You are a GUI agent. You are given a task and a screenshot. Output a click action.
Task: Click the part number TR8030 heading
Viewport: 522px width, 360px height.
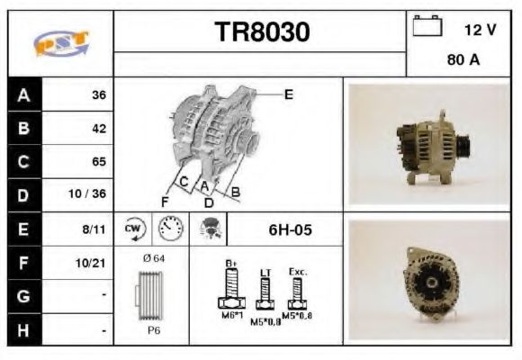[x=262, y=32]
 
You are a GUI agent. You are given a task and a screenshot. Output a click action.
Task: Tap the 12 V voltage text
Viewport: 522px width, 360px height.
[x=480, y=30]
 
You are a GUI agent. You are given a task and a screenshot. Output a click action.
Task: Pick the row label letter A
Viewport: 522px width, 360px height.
[x=22, y=94]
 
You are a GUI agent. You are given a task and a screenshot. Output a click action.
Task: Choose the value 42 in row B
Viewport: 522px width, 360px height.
[x=98, y=129]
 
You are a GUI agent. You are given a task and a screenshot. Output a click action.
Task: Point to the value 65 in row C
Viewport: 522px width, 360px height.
[x=98, y=162]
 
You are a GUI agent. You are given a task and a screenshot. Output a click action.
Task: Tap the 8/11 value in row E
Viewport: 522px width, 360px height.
[x=95, y=229]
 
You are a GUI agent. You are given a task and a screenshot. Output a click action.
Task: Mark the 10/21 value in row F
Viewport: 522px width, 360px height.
[x=94, y=264]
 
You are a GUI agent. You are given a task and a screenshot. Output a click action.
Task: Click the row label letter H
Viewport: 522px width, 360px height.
[x=22, y=330]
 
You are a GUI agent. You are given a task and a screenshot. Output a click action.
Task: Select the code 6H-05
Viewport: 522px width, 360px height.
[x=290, y=229]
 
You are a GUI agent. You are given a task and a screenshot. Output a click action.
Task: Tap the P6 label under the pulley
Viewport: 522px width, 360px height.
[x=153, y=331]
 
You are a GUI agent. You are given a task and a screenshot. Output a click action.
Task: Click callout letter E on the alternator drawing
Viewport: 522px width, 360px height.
[x=288, y=93]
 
